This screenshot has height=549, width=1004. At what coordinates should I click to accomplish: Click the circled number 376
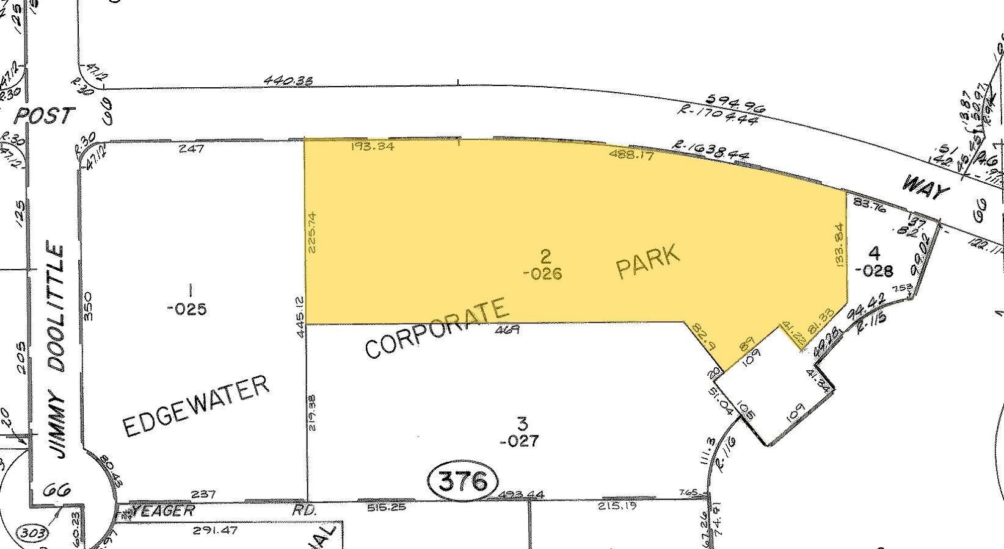point(464,481)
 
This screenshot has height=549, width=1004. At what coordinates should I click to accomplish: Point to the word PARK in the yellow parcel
point(648,262)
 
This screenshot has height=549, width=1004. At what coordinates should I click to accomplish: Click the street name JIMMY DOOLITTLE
point(57,351)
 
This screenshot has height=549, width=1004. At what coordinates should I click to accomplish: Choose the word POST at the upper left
point(45,115)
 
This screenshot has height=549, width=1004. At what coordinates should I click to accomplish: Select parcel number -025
point(187,309)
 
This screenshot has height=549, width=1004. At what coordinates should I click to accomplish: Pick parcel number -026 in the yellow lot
point(542,274)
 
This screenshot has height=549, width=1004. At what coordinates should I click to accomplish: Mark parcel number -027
point(519,440)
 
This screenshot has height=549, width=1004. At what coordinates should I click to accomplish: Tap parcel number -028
point(875,271)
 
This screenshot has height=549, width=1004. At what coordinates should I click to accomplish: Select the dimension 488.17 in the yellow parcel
point(631,155)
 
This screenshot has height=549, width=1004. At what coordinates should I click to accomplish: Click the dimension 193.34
point(373,146)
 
